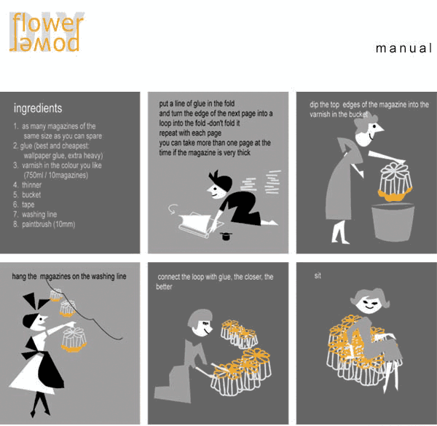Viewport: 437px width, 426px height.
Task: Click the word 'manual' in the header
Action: click(x=403, y=49)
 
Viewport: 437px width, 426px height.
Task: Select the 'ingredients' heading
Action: click(x=38, y=108)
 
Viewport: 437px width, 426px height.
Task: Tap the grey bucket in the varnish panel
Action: click(x=393, y=222)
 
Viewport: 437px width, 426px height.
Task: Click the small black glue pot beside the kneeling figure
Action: click(x=226, y=236)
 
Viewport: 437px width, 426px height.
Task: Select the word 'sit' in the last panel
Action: click(x=318, y=275)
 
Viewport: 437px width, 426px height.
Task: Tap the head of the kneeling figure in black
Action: click(x=219, y=184)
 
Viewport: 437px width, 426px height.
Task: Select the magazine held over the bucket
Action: click(x=395, y=182)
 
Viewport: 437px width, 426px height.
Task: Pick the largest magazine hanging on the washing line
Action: click(x=74, y=339)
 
